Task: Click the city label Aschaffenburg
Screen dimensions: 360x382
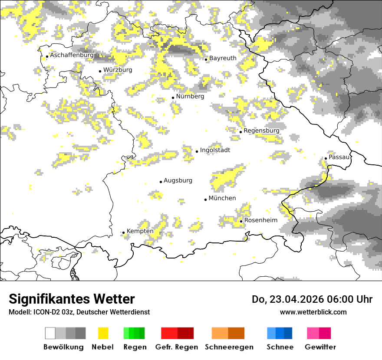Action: [x=72, y=56]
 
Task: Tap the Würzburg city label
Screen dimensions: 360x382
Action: [x=118, y=70]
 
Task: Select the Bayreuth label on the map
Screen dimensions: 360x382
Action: [x=223, y=58]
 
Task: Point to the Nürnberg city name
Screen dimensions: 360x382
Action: [x=190, y=96]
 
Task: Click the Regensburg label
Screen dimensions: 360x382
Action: [x=261, y=131]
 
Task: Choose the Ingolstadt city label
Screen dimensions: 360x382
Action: [x=215, y=150]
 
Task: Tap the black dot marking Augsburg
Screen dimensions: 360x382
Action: [x=161, y=182]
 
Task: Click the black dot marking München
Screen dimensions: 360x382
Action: [x=205, y=200]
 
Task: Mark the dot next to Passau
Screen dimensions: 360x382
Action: [x=326, y=158]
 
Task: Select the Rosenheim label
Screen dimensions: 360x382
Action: [x=260, y=220]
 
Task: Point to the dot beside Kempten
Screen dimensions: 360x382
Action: [x=123, y=232]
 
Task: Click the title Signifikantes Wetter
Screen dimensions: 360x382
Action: [x=72, y=299]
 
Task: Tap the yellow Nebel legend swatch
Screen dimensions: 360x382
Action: [x=103, y=333]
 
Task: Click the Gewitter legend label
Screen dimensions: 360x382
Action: [x=320, y=347]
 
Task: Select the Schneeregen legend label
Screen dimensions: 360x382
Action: [x=229, y=347]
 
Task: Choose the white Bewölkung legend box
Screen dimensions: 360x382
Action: [x=50, y=333]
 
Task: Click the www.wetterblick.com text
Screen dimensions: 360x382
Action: [x=313, y=312]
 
